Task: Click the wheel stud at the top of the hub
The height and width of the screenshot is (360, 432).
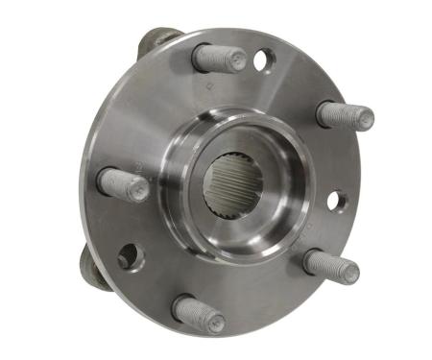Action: point(219,59)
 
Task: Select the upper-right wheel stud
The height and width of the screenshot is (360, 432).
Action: point(344,115)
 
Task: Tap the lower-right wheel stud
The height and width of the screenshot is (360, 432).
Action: point(330,265)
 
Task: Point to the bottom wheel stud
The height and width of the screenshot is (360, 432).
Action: point(198,314)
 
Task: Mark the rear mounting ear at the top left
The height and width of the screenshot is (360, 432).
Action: point(156,40)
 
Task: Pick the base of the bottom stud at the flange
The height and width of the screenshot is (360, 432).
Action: point(183,306)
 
